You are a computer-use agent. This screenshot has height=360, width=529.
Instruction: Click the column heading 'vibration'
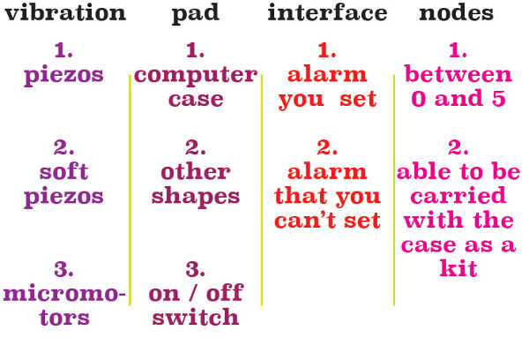coord(65,12)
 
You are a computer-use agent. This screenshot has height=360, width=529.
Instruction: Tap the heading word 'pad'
coord(196,14)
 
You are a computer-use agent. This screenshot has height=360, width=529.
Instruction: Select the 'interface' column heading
coord(327,12)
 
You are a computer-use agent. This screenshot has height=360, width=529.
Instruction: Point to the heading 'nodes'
coord(456,12)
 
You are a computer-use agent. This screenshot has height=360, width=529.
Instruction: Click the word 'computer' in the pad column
coord(196,76)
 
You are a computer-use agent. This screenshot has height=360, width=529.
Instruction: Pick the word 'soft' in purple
coord(63,171)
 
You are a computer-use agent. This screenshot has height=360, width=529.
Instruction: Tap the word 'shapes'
coord(196,198)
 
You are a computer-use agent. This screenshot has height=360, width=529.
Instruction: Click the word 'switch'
coord(196,317)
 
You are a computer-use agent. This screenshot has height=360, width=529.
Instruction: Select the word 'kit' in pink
coord(458,268)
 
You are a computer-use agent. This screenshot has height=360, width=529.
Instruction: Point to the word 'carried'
coord(458,195)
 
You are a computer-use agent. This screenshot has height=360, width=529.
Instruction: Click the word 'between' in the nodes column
coord(458,73)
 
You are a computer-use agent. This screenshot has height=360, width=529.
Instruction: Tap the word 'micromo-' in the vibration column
coord(64,293)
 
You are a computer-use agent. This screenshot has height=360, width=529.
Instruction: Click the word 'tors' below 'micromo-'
coord(64,317)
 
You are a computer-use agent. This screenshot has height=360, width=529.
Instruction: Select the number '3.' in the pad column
coord(196,269)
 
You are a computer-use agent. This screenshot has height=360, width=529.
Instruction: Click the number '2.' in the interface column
coord(327,147)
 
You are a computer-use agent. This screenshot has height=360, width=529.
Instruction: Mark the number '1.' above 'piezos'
coord(63,50)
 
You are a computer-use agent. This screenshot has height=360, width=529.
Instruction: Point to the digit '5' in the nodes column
coord(499,98)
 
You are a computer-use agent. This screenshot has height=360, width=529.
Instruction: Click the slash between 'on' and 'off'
coord(193,293)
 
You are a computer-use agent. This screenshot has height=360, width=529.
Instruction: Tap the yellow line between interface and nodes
coord(394,190)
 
